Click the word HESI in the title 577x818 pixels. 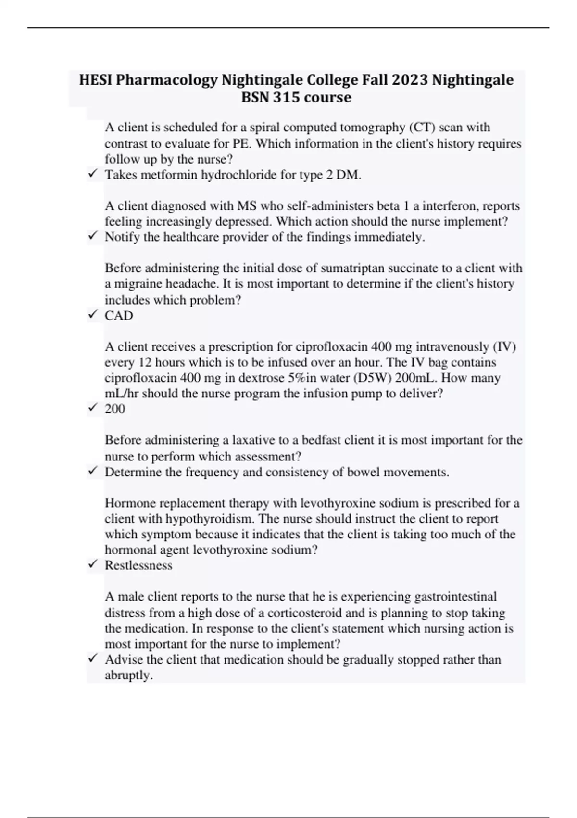tap(96, 79)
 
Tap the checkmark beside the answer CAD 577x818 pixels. tap(92, 315)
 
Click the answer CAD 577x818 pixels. tap(119, 316)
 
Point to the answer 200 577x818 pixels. tap(115, 409)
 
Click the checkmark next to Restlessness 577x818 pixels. tap(92, 564)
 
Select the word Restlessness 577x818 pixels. tap(138, 565)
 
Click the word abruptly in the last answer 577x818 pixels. tap(128, 676)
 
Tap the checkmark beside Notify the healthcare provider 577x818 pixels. tap(92, 236)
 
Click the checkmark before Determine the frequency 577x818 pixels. tap(92, 471)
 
